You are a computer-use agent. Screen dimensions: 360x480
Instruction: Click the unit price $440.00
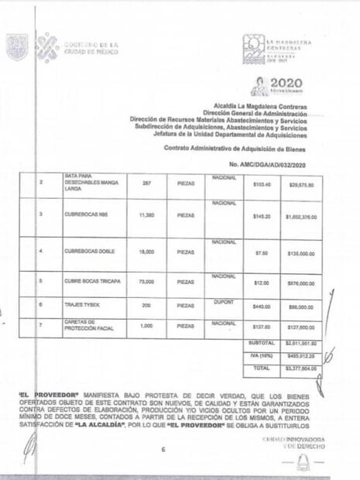(261, 306)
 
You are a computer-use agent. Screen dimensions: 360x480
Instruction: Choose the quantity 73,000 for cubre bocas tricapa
(146, 283)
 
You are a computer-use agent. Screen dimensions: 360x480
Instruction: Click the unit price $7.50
(261, 252)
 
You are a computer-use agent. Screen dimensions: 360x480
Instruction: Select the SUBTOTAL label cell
(261, 341)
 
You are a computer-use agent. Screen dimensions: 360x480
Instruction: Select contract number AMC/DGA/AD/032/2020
(268, 166)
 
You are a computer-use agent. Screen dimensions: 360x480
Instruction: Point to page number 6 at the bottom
(163, 449)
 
